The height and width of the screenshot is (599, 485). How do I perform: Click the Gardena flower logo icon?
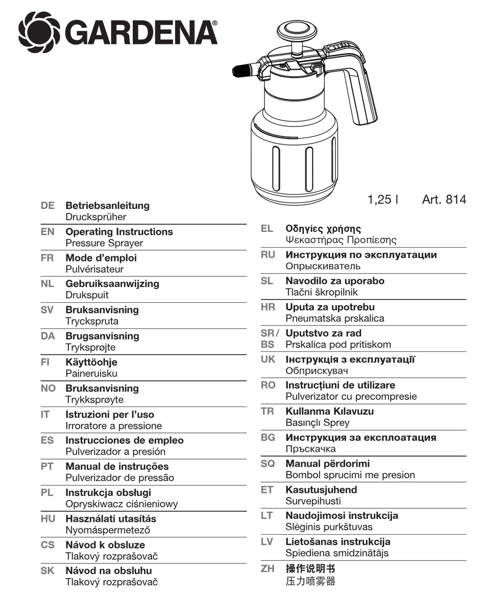[x=39, y=33]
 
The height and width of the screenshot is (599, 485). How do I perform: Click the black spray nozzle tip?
[x=240, y=70]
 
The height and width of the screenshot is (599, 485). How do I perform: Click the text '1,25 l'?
[x=383, y=199]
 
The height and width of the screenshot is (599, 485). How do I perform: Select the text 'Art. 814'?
[x=444, y=199]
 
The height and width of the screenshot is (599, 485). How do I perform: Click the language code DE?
[x=47, y=206]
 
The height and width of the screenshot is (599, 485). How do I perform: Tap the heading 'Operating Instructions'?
[x=119, y=232]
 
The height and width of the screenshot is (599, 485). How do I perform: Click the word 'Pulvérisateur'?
[x=94, y=269]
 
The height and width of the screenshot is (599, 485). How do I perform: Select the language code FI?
[x=44, y=363]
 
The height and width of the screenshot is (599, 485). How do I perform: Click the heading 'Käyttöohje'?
[x=91, y=363]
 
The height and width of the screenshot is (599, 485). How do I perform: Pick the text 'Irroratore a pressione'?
[x=113, y=426]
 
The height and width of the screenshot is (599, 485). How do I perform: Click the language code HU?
[x=47, y=519]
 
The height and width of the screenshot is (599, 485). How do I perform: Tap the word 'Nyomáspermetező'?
[x=108, y=531]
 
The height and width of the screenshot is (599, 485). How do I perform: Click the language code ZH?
[x=268, y=568]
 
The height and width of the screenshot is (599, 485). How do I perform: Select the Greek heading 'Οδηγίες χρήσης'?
[x=323, y=229]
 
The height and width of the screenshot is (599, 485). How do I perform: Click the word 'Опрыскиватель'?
[x=323, y=266]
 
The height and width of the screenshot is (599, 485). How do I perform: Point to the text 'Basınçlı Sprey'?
[x=318, y=423]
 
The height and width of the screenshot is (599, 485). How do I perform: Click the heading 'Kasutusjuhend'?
[x=321, y=490]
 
